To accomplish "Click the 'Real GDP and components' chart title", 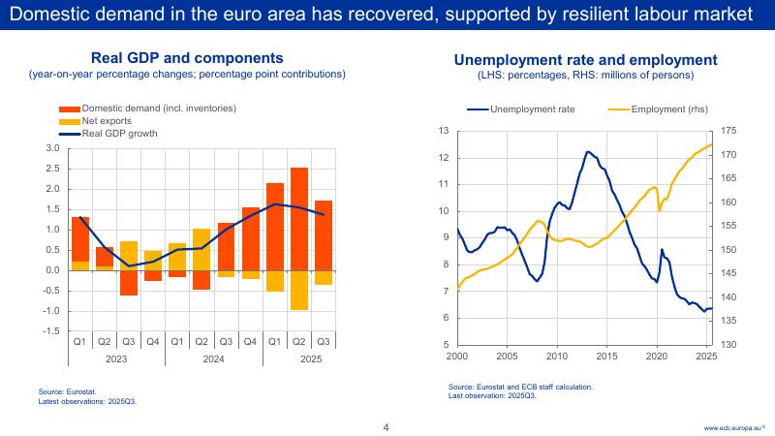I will pyautogui.click(x=187, y=58).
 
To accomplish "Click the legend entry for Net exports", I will pyautogui.click(x=107, y=121).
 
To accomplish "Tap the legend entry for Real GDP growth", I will pyautogui.click(x=117, y=134).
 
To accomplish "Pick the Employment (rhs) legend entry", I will pyautogui.click(x=669, y=109).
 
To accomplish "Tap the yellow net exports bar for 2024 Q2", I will pyautogui.click(x=201, y=249).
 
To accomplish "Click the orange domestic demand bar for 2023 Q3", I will pyautogui.click(x=129, y=282).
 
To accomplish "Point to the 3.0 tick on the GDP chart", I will pyautogui.click(x=52, y=148).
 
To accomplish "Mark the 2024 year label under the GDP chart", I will pyautogui.click(x=213, y=358).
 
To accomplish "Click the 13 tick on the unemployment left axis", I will pyautogui.click(x=444, y=131).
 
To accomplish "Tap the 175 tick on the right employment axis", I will pyautogui.click(x=729, y=131).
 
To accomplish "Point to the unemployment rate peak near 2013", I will pyautogui.click(x=588, y=152).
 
